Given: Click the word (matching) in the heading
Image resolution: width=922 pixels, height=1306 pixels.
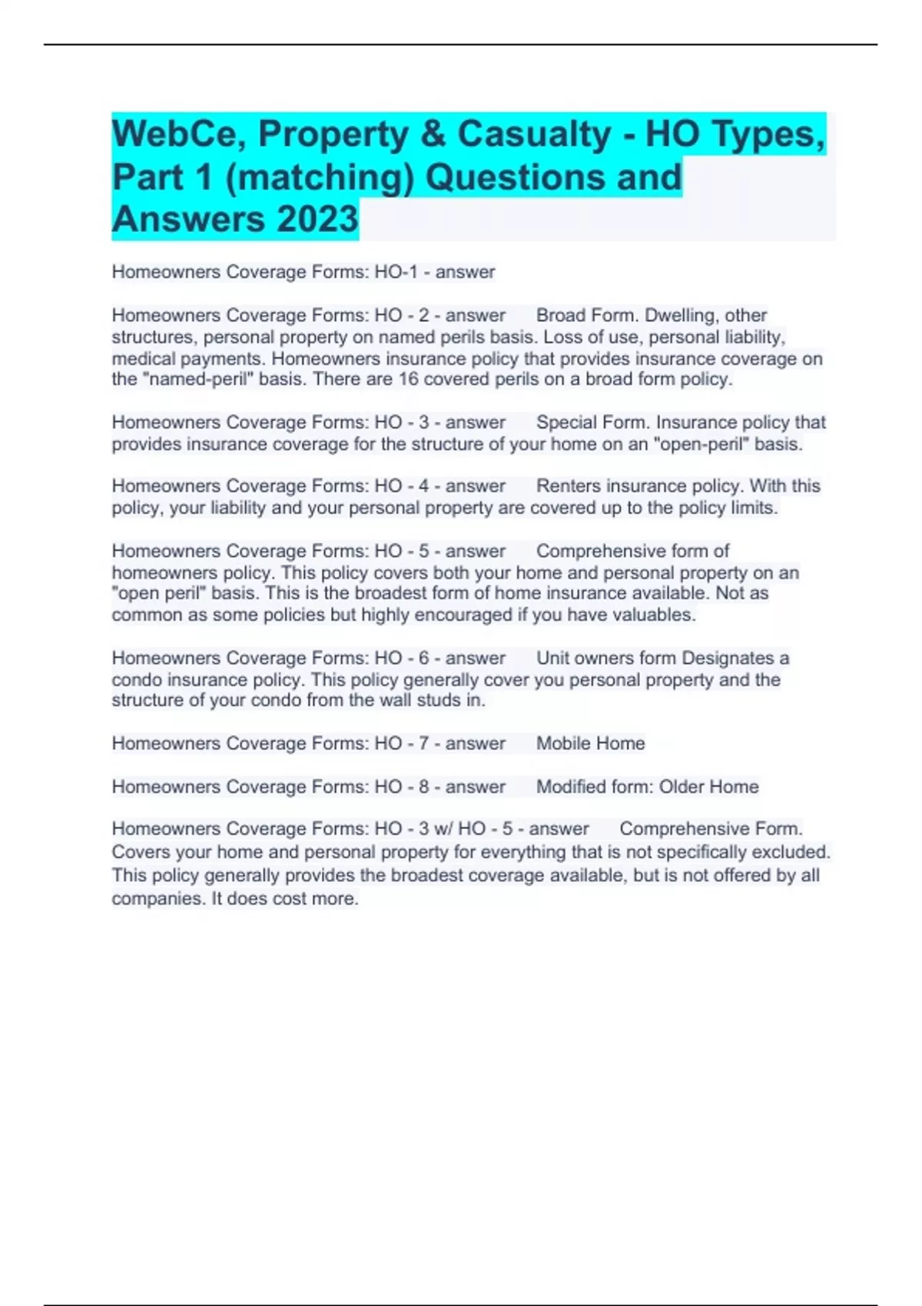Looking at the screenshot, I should (x=320, y=177).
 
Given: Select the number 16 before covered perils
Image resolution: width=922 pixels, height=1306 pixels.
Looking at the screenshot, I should (x=407, y=380).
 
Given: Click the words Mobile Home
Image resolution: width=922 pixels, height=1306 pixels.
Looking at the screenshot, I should (x=590, y=744).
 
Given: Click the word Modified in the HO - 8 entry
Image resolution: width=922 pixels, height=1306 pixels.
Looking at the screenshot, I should (x=571, y=787).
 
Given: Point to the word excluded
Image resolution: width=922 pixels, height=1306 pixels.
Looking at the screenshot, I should (x=796, y=852).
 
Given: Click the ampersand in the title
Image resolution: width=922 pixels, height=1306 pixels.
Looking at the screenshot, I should (x=433, y=134).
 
